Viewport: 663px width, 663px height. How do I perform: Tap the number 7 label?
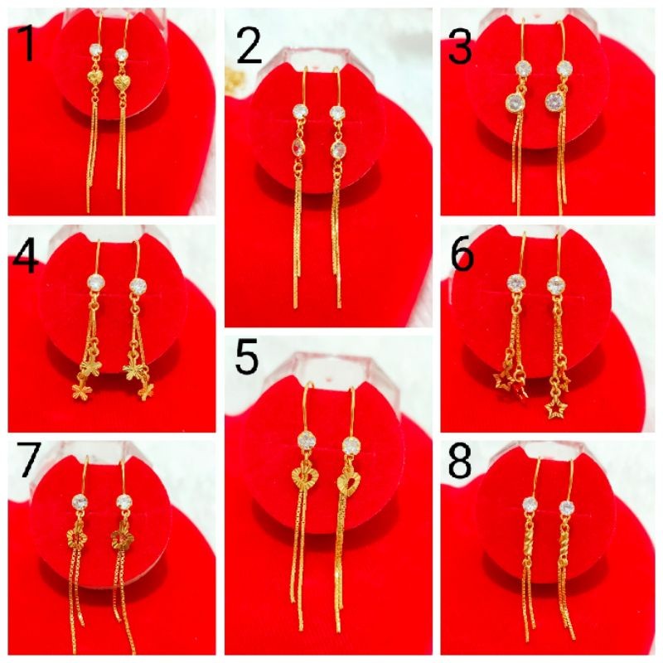28,462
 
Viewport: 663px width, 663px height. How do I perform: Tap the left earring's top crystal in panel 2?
300,112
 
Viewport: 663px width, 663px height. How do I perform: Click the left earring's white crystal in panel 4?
97,283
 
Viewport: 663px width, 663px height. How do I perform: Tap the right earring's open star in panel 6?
552,407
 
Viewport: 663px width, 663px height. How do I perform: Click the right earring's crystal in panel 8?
567,506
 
